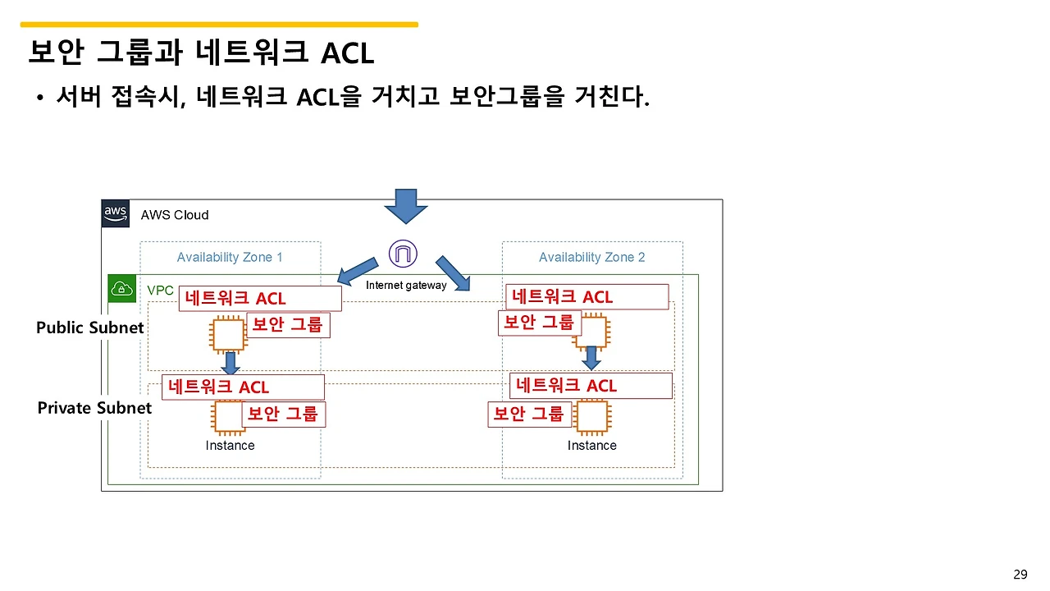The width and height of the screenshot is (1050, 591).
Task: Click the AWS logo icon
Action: (x=116, y=213)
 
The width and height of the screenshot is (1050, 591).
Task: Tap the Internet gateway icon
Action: (x=403, y=254)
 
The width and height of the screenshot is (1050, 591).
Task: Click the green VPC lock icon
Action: (x=122, y=289)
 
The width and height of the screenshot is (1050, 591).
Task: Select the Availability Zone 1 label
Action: (x=230, y=258)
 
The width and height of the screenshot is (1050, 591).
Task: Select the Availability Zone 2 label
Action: (x=591, y=258)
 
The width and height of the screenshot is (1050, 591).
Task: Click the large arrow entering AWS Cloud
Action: (x=406, y=206)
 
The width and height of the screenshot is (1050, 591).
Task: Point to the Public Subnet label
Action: (x=90, y=328)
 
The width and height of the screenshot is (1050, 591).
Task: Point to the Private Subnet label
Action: (x=94, y=409)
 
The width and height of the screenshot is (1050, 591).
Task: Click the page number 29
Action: (x=1020, y=575)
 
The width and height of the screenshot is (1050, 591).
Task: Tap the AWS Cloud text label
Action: (x=175, y=215)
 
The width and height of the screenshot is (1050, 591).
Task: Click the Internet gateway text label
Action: (x=406, y=286)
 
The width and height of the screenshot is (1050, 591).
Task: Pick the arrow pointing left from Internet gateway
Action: (x=358, y=268)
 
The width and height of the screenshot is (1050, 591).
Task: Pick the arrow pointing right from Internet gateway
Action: (x=453, y=273)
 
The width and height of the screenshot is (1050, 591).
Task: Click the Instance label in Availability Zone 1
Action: (x=230, y=446)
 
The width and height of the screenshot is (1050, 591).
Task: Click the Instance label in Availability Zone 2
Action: (x=591, y=446)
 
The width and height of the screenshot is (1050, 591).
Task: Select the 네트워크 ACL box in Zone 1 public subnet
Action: (x=259, y=299)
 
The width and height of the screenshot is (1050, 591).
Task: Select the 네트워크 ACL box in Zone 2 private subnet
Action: (x=591, y=386)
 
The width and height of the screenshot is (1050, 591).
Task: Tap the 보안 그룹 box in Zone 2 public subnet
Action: (x=539, y=323)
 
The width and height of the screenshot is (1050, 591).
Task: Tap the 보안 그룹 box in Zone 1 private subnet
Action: (x=283, y=415)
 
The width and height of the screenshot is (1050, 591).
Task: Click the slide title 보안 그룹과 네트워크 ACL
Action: (x=201, y=53)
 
